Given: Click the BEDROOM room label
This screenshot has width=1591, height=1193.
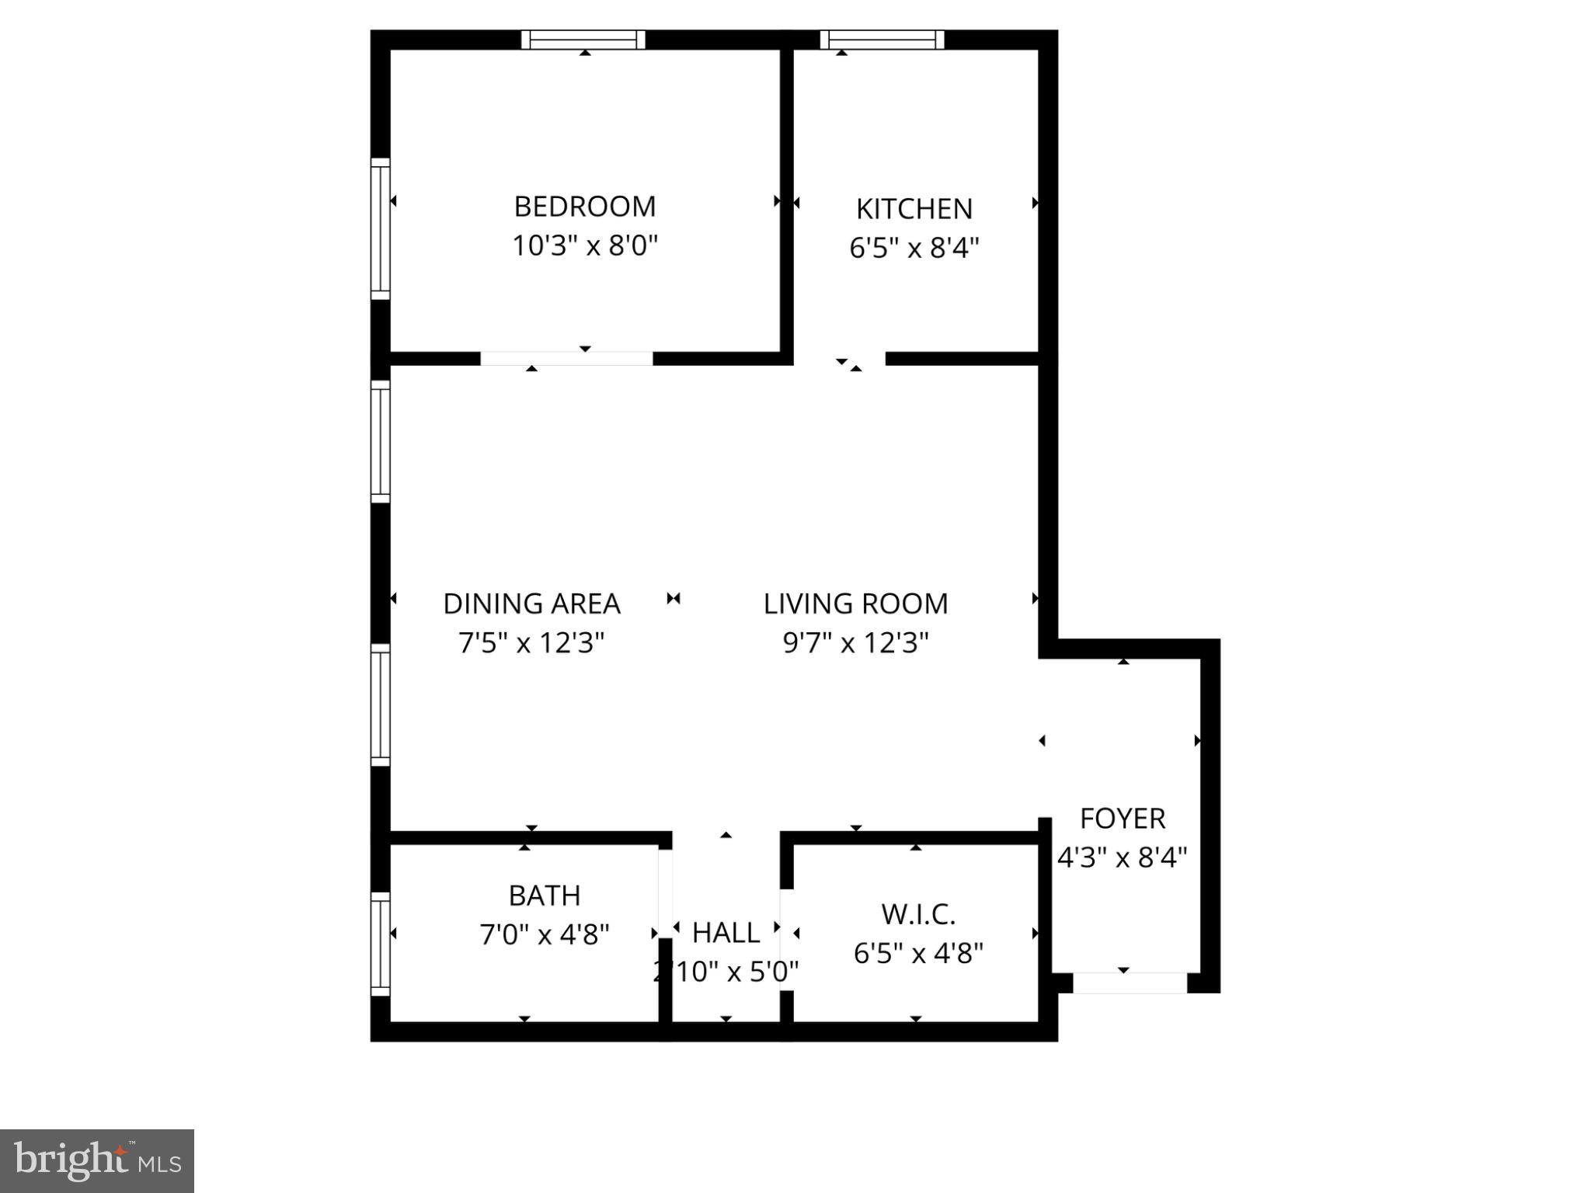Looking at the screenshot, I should pos(585,207).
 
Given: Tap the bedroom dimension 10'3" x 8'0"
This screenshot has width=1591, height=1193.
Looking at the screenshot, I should pos(585,246).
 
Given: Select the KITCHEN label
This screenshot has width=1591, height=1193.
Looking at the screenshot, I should pos(914,209).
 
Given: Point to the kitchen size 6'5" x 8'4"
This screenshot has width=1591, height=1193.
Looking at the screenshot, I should pos(914,249).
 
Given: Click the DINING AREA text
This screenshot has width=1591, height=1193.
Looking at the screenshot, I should pos(531,603).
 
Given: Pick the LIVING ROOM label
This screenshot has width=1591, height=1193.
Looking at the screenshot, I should pos(855,603).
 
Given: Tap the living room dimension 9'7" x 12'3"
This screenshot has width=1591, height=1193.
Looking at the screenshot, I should pos(855,643).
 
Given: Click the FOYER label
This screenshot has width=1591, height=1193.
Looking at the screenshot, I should pos(1123,819).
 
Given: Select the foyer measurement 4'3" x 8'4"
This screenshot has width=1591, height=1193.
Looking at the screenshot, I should pos(1123,857).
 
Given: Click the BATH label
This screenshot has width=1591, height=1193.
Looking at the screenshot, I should pos(545,896).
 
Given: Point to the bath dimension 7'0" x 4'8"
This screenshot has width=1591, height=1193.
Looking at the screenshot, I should pos(545,934).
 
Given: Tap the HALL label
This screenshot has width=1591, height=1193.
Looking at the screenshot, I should pos(726,933).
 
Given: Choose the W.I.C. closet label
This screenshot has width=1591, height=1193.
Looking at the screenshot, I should pos(918,914).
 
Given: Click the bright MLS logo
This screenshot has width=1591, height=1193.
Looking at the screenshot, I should pos(97,1160).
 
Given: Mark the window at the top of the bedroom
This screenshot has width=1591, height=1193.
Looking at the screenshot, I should pos(583,40).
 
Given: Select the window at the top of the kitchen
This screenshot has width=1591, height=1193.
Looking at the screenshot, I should pos(883,40).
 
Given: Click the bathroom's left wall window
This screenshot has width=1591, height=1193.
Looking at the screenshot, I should pos(380,944).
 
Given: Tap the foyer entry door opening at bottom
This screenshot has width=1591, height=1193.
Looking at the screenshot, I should pos(1130,983).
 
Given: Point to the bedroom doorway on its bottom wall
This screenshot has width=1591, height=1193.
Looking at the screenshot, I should pos(566,359).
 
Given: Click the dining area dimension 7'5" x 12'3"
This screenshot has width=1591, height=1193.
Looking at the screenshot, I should pos(531,643).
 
